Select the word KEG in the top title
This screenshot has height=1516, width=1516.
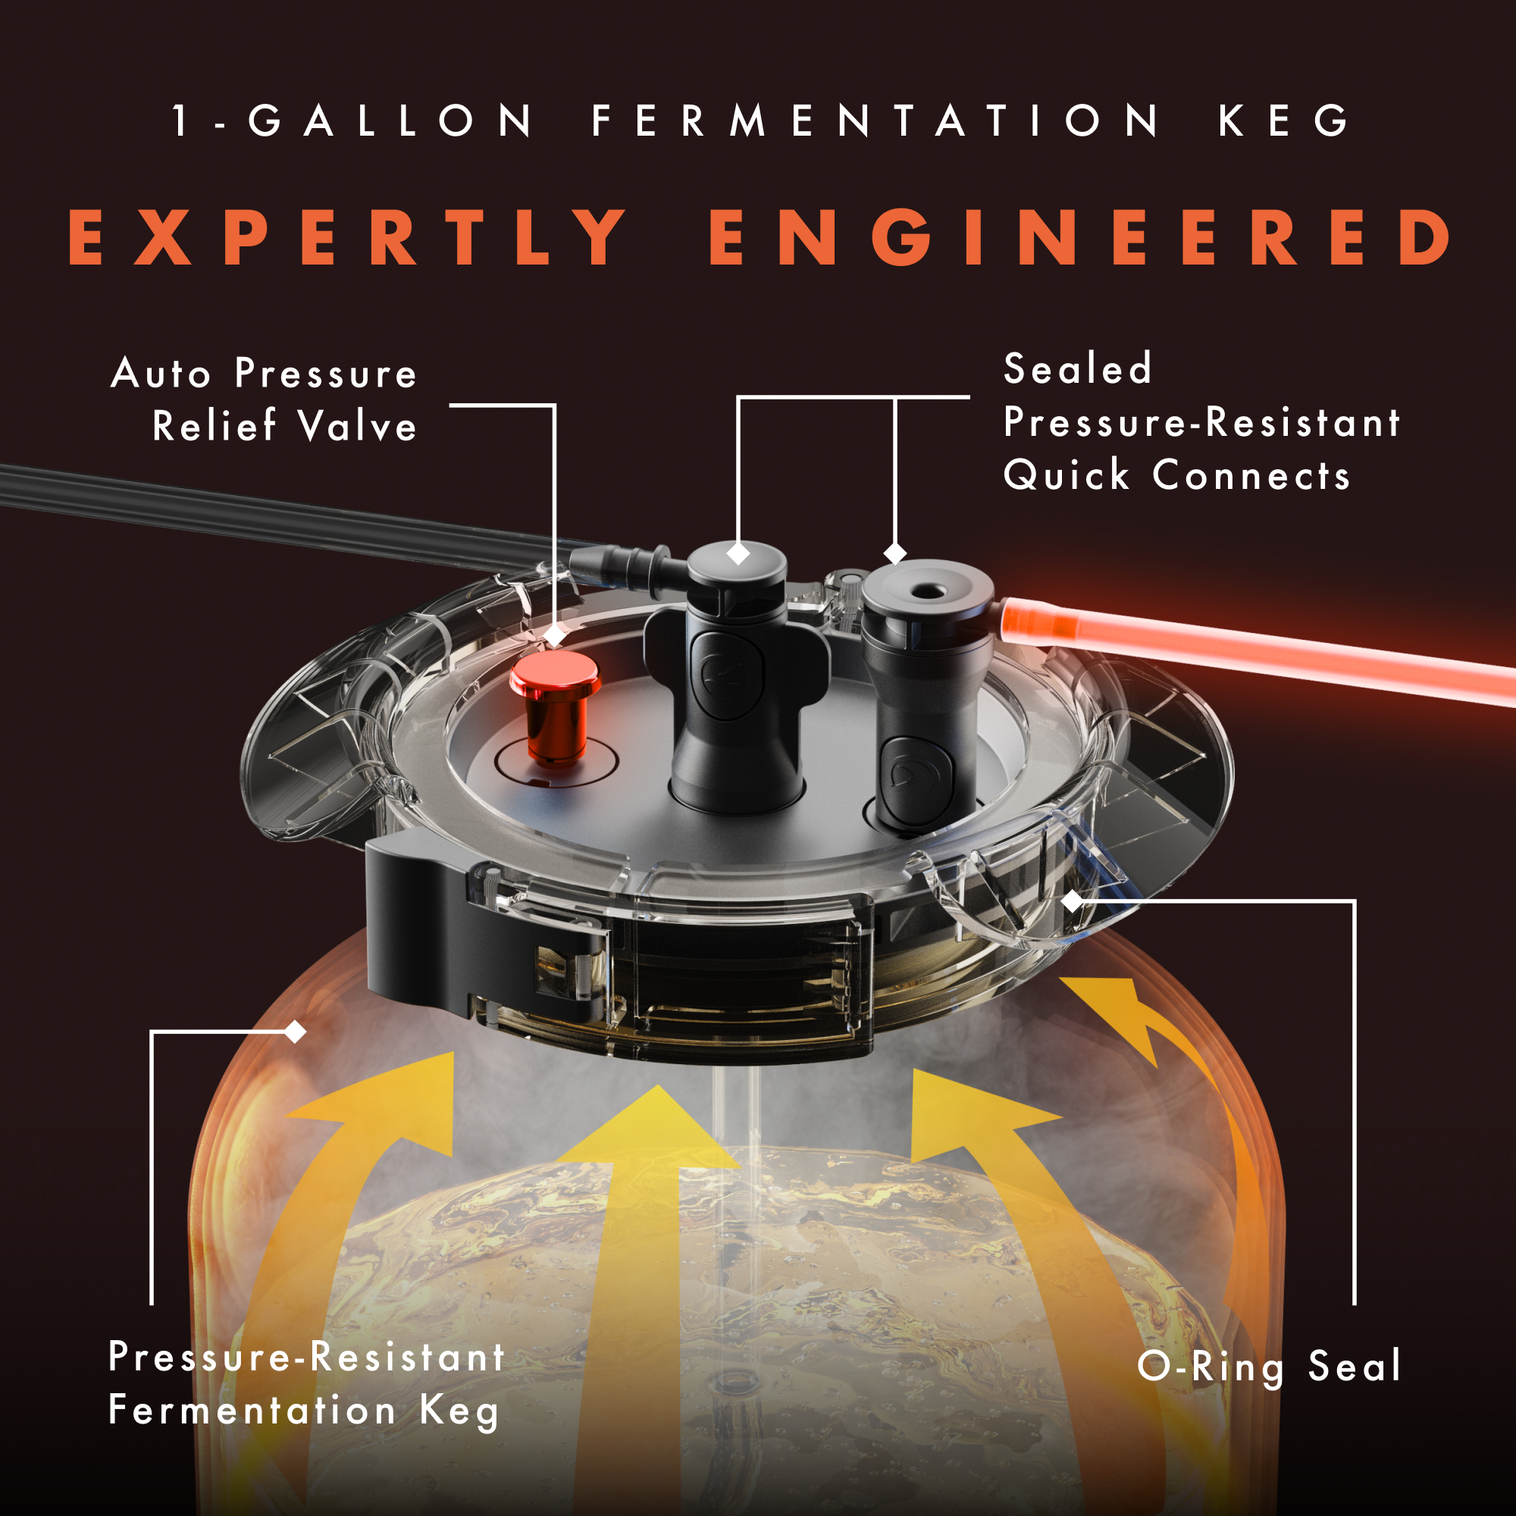coord(1284,121)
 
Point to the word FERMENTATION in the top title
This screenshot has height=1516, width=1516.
coord(875,121)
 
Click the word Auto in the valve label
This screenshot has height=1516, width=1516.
coord(161,374)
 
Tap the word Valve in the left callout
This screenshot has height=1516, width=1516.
coord(357,427)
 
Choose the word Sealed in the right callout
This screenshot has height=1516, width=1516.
coord(1077,369)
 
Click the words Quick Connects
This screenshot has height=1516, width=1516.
coord(1177,475)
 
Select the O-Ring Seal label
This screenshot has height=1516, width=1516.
coord(1269,1367)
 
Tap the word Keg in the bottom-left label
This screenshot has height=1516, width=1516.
coord(459,1411)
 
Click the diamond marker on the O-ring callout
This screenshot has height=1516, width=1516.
coord(1072,901)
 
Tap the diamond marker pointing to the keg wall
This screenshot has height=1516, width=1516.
coord(295,1032)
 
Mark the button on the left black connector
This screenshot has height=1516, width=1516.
coord(728,675)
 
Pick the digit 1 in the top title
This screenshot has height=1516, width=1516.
coord(181,121)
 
